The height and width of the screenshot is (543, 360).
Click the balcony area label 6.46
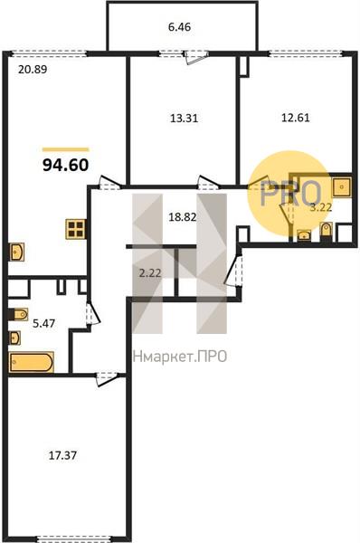pyautogui.click(x=179, y=27)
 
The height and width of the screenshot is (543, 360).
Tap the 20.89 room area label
pyautogui.click(x=33, y=70)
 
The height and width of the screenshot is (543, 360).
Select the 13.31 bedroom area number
pyautogui.click(x=185, y=119)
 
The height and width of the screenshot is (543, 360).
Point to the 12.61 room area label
pyautogui.click(x=295, y=118)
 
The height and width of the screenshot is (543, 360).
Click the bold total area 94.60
pyautogui.click(x=66, y=166)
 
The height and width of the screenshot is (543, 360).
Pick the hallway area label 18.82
pyautogui.click(x=183, y=217)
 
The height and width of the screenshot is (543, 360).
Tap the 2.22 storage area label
pyautogui.click(x=150, y=273)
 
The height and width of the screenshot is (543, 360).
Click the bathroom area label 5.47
pyautogui.click(x=43, y=324)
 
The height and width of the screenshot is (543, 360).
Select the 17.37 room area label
pyautogui.click(x=62, y=455)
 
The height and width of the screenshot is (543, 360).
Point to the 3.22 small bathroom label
pyautogui.click(x=320, y=208)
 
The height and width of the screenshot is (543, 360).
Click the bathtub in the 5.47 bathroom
pyautogui.click(x=31, y=362)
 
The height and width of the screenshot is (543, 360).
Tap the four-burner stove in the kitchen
pyautogui.click(x=76, y=229)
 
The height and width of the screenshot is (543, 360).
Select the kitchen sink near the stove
pyautogui.click(x=16, y=252)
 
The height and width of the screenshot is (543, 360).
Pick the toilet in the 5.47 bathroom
pyautogui.click(x=18, y=314)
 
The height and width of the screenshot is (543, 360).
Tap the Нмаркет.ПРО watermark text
pyautogui.click(x=180, y=357)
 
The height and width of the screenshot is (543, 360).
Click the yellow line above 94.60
pyautogui.click(x=66, y=149)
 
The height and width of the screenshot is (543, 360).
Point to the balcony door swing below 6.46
pyautogui.click(x=196, y=58)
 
